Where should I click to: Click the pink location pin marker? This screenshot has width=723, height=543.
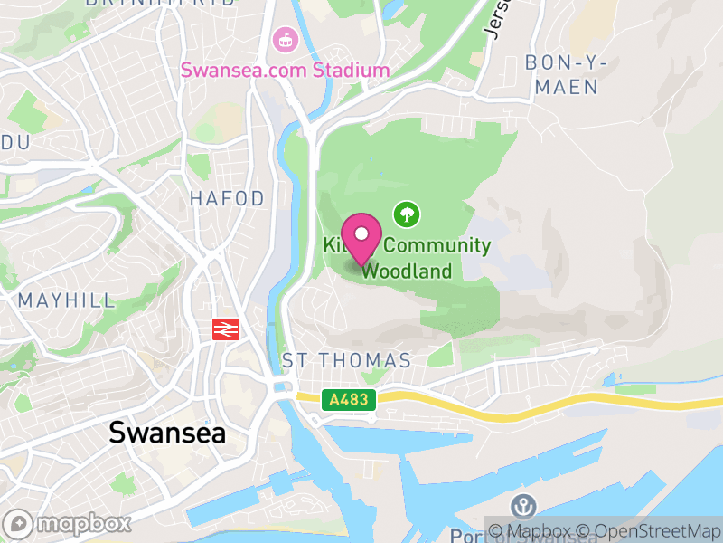pyautogui.click(x=362, y=237)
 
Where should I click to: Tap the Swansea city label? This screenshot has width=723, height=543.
pyautogui.click(x=167, y=433)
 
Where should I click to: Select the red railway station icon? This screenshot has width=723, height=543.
pyautogui.click(x=225, y=329)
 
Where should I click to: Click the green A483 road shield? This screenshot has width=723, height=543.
pyautogui.click(x=348, y=398)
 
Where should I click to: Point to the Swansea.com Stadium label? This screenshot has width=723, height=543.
pyautogui.click(x=285, y=70)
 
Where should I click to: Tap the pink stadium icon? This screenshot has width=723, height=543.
pyautogui.click(x=285, y=40)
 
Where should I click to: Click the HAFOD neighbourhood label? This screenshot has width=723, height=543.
pyautogui.click(x=227, y=198)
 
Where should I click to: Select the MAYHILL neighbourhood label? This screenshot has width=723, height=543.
pyautogui.click(x=67, y=300)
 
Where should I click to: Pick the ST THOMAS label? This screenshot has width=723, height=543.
pyautogui.click(x=346, y=360)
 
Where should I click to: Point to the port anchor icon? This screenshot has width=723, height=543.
pyautogui.click(x=522, y=507)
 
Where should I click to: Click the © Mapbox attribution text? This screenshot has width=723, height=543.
pyautogui.click(x=537, y=531)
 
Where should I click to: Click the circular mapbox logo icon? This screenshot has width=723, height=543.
pyautogui.click(x=20, y=523)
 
